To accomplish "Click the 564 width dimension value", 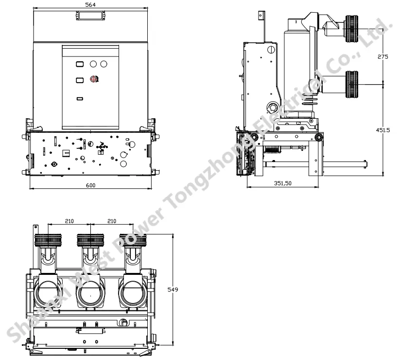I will [91, 4].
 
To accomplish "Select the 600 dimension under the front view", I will [90, 185].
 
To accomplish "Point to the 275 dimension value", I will [383, 57].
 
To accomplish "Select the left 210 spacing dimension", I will [70, 221].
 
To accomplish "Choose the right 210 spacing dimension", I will [112, 221].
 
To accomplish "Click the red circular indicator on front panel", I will [94, 79].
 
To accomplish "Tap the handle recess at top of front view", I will [90, 16].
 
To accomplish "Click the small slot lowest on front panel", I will [80, 99].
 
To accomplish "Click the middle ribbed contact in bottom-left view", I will [90, 241].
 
